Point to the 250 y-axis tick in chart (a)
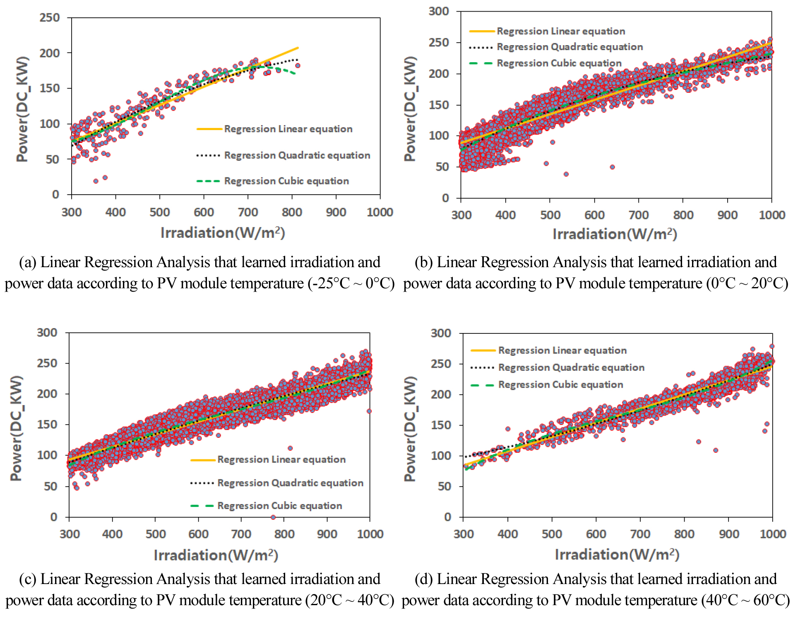tap(50, 18)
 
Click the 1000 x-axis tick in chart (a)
tap(380, 212)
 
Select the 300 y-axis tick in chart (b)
tap(439, 11)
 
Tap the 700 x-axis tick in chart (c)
tap(241, 534)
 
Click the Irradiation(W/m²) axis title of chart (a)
tap(223, 233)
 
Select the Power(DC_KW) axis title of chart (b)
tap(410, 109)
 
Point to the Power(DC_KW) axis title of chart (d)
tap(410, 428)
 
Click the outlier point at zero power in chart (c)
tap(273, 517)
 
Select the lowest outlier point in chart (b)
tap(566, 174)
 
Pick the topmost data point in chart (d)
tap(771, 346)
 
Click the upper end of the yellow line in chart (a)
tap(298, 48)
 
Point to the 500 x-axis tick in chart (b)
tap(550, 215)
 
